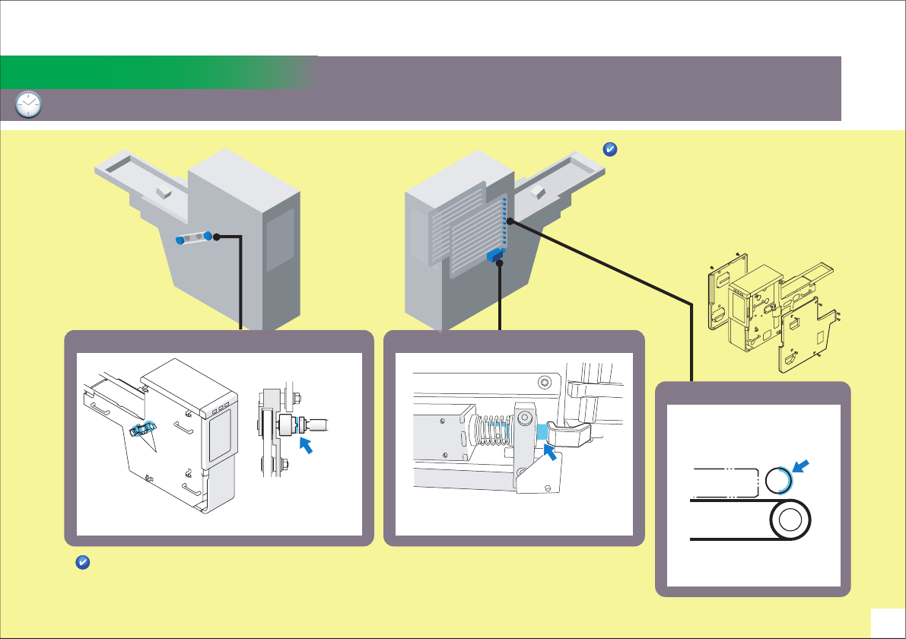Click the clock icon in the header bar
click(x=29, y=105)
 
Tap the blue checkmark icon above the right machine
click(x=609, y=150)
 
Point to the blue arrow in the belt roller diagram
click(x=802, y=465)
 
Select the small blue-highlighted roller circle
click(x=779, y=481)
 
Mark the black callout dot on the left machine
click(x=217, y=237)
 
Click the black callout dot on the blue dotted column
click(x=509, y=221)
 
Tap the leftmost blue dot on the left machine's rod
click(x=180, y=240)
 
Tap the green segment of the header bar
click(x=152, y=72)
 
